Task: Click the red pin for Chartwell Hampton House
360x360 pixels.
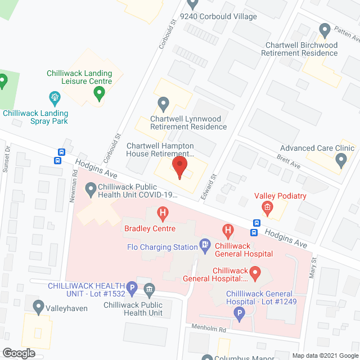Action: coord(179,168)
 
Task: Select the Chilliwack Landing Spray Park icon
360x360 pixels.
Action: coord(55,98)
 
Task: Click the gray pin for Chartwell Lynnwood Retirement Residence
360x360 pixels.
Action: coord(163,103)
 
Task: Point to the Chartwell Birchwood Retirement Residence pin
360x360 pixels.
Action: coord(324,30)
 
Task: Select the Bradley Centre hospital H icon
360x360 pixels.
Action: coord(163,214)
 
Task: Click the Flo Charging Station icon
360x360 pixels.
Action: coord(205,245)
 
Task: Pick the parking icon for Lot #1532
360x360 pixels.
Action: coord(132,289)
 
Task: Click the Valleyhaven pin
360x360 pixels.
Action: coord(38,307)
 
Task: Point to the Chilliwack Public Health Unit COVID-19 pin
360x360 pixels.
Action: coord(90,190)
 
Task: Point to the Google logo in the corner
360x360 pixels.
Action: coord(19,352)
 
